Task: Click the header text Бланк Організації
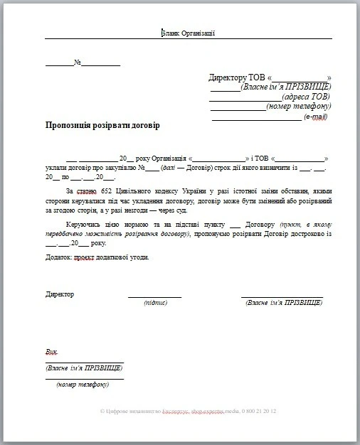click(189, 32)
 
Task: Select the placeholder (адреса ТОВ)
click(306, 97)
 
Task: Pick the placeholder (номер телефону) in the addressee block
click(299, 107)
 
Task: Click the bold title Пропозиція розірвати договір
click(102, 126)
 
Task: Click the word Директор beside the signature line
click(60, 294)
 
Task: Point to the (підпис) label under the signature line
click(155, 303)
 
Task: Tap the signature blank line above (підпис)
click(154, 296)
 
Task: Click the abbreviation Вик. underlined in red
click(51, 352)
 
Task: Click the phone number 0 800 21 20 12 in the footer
click(258, 412)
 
